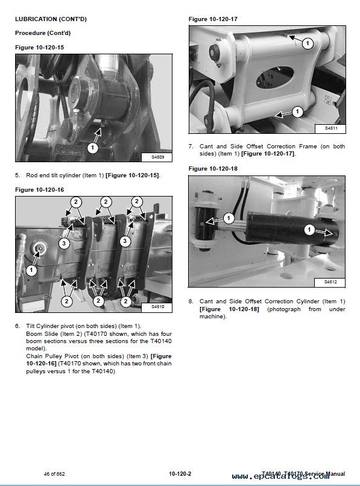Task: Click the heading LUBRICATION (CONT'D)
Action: click(x=51, y=19)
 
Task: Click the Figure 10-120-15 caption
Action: click(x=39, y=48)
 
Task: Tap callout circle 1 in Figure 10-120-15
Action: click(x=92, y=148)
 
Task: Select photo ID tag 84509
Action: click(x=157, y=157)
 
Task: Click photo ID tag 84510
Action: click(x=157, y=307)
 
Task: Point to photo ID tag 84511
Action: click(x=331, y=128)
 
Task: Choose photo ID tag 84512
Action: click(x=330, y=282)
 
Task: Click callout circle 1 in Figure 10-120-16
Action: click(x=31, y=270)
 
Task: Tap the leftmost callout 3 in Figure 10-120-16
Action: click(x=64, y=243)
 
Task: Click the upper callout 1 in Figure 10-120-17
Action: click(x=308, y=43)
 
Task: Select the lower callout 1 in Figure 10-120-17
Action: click(x=297, y=112)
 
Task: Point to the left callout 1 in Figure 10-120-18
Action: click(x=229, y=218)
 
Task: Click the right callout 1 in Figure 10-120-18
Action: click(x=309, y=230)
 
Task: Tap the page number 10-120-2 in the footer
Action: click(x=180, y=473)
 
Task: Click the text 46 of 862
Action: click(x=54, y=474)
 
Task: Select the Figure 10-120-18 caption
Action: click(x=213, y=169)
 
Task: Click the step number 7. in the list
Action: click(x=191, y=147)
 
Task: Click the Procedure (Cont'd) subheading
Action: click(x=43, y=33)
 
